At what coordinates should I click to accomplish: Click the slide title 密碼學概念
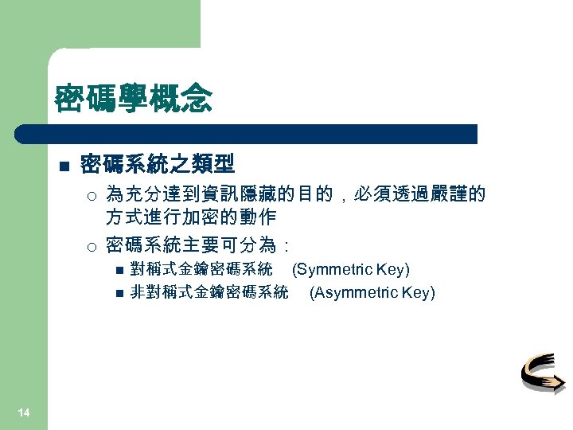(133, 100)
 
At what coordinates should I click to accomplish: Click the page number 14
(24, 412)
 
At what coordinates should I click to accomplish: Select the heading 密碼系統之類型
(158, 165)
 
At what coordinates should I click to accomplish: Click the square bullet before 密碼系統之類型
(64, 166)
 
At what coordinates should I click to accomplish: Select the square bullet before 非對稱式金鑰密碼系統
(119, 293)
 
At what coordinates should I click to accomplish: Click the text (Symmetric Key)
(351, 269)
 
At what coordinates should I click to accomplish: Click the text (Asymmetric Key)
(372, 292)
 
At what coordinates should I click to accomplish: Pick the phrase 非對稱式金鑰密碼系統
(209, 292)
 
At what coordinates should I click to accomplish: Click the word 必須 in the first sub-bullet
(374, 194)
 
